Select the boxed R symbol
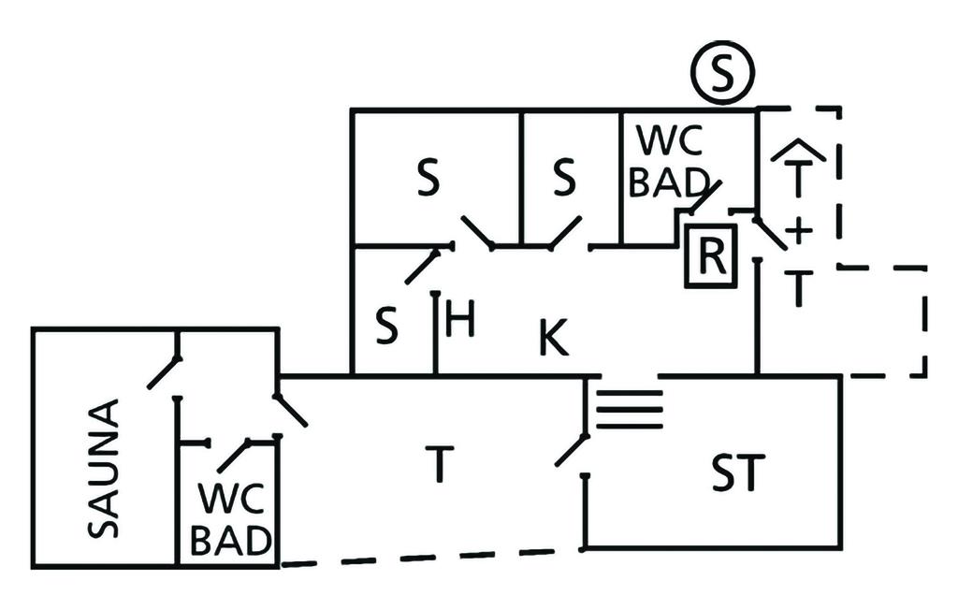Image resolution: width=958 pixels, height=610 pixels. [x=710, y=255]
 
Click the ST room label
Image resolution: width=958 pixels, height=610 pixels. [x=736, y=472]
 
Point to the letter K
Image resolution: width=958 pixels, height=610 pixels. [x=553, y=338]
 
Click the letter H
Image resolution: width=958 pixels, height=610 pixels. [x=460, y=321]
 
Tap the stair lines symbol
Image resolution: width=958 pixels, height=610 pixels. [x=630, y=407]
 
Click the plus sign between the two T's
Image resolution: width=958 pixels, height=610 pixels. [x=798, y=231]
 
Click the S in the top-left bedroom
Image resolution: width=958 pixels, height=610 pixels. [x=428, y=181]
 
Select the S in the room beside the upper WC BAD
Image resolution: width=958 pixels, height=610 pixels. [x=563, y=180]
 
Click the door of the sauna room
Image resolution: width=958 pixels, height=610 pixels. [x=164, y=372]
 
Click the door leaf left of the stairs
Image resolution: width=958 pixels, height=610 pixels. [x=571, y=450]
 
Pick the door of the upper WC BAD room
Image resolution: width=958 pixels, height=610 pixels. [x=703, y=197]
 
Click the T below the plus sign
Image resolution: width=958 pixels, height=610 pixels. [x=797, y=288]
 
